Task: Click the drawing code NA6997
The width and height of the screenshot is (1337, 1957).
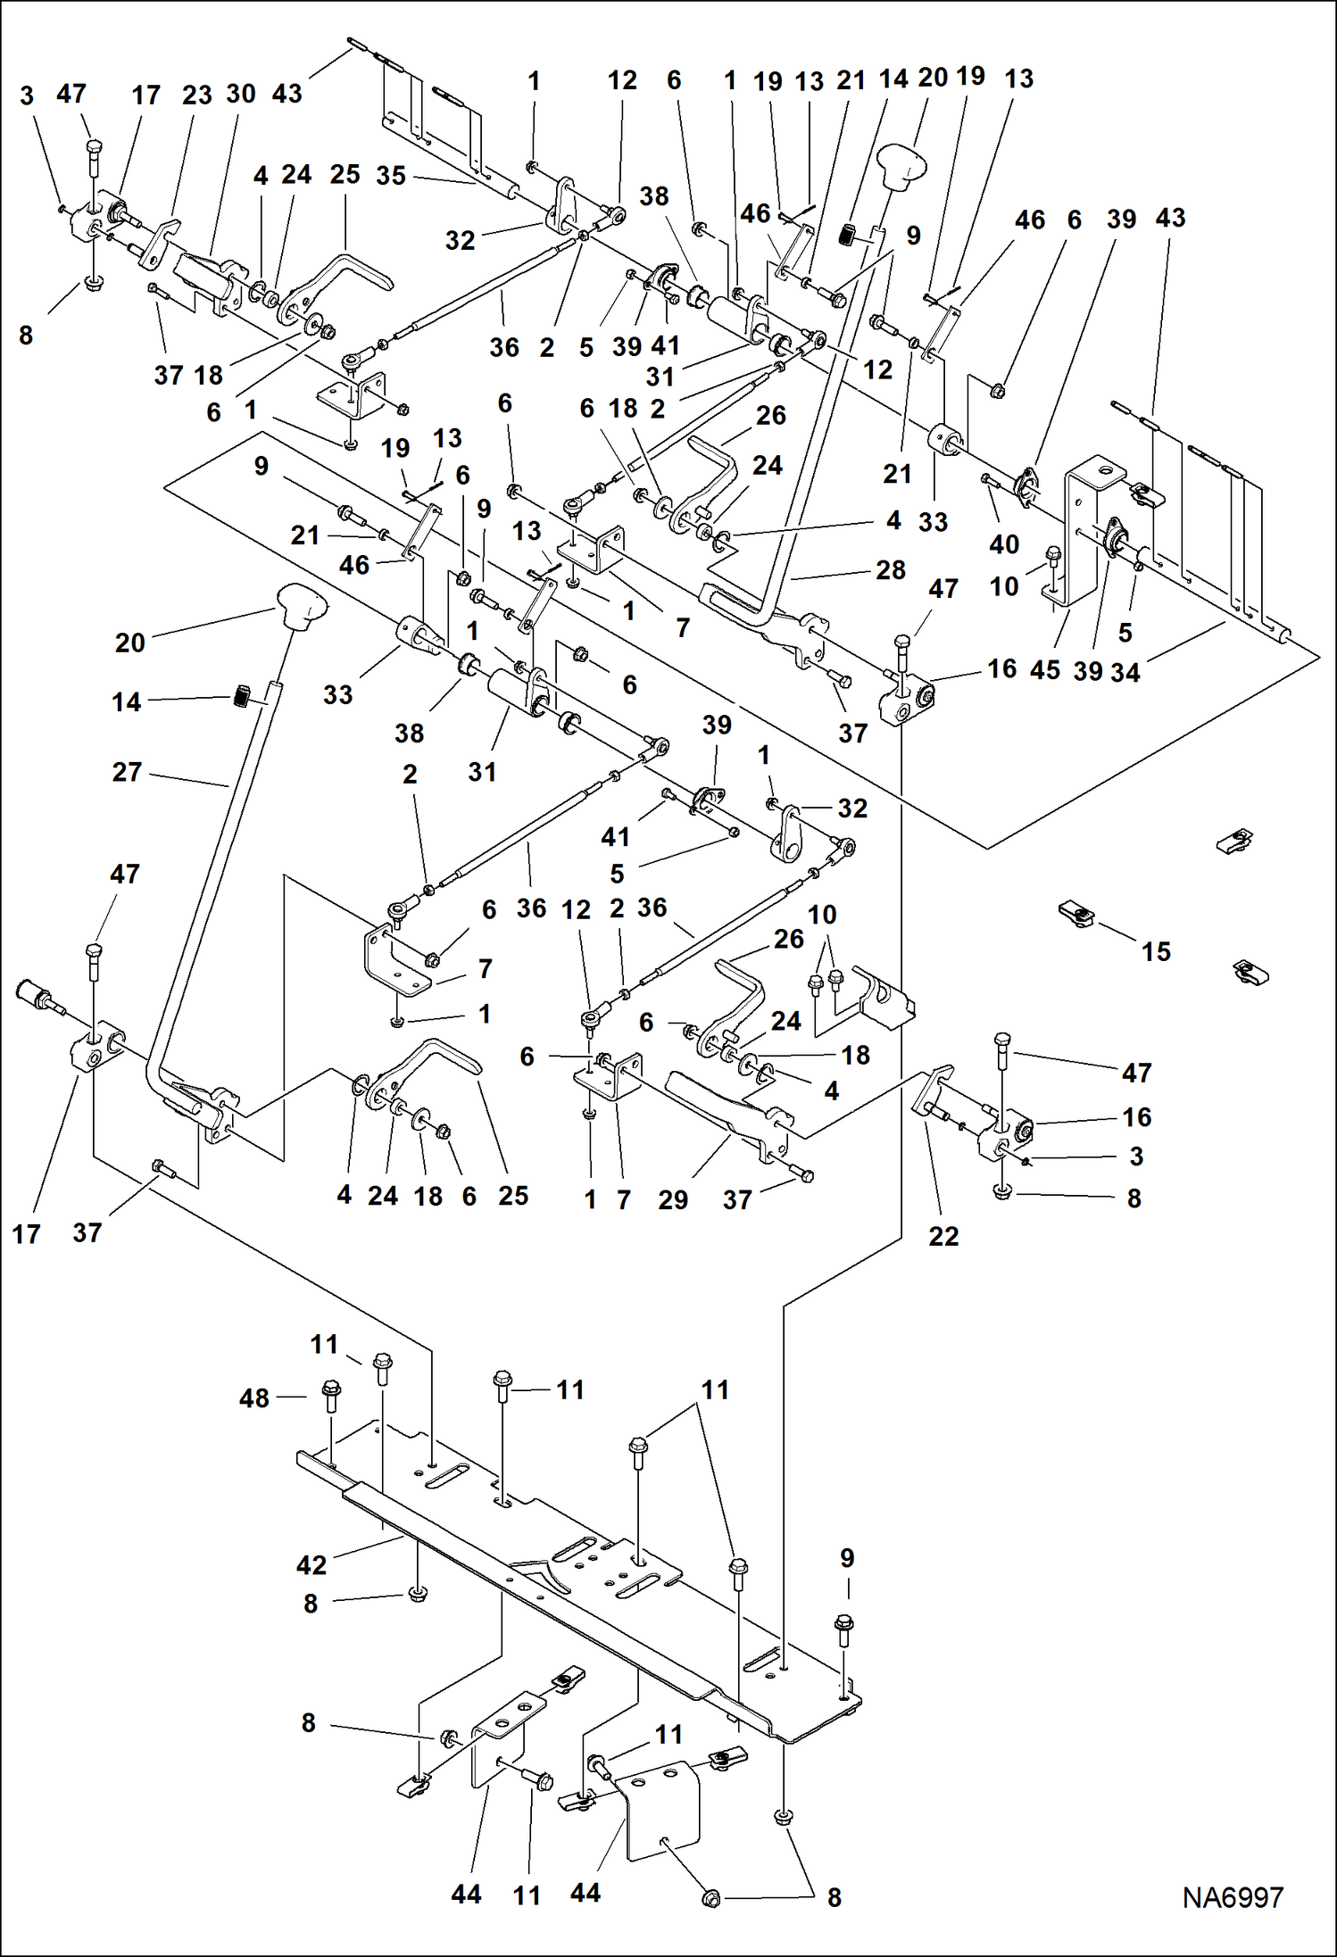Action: (1233, 1897)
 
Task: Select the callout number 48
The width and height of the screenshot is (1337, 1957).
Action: (254, 1398)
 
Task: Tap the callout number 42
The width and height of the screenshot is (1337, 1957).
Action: (311, 1564)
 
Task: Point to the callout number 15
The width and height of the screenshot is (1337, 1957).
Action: (1156, 951)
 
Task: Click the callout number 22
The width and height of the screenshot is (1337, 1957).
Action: (943, 1236)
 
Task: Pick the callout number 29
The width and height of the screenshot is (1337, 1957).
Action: (673, 1199)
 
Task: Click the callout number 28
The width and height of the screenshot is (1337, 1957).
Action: (891, 569)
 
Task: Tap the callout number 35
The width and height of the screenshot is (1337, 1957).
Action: (391, 176)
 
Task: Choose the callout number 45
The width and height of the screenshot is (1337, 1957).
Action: (1045, 669)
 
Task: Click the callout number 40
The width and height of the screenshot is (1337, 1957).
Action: (1004, 543)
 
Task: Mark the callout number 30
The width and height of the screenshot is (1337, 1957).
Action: (241, 94)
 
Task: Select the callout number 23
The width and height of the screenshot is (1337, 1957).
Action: (197, 95)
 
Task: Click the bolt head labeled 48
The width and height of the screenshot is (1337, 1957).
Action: (330, 1389)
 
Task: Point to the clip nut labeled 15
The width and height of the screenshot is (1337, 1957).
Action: (1077, 914)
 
